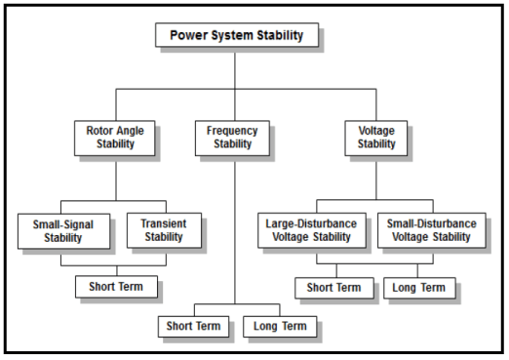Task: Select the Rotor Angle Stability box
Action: tap(116, 137)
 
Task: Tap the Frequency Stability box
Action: tap(234, 137)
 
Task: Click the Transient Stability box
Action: tap(163, 230)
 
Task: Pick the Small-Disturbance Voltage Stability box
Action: tap(432, 230)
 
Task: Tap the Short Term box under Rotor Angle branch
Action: tap(116, 287)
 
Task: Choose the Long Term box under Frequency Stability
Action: tap(279, 325)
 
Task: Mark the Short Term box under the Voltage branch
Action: tap(334, 288)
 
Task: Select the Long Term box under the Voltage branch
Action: tap(418, 288)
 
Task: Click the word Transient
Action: tap(163, 223)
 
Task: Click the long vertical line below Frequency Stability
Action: tap(234, 234)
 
